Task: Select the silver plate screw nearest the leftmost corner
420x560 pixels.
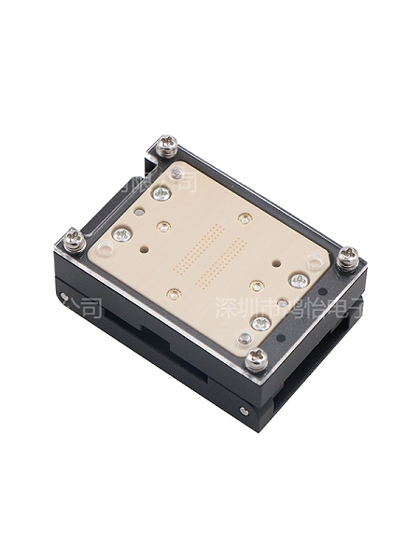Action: [x=119, y=235]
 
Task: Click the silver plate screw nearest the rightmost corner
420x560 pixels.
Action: [x=299, y=280]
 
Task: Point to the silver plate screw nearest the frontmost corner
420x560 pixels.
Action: [x=261, y=323]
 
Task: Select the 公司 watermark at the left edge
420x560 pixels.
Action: [x=80, y=305]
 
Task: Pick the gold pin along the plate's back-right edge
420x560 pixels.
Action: [x=245, y=218]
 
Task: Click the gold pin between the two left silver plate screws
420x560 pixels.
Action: [x=162, y=227]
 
